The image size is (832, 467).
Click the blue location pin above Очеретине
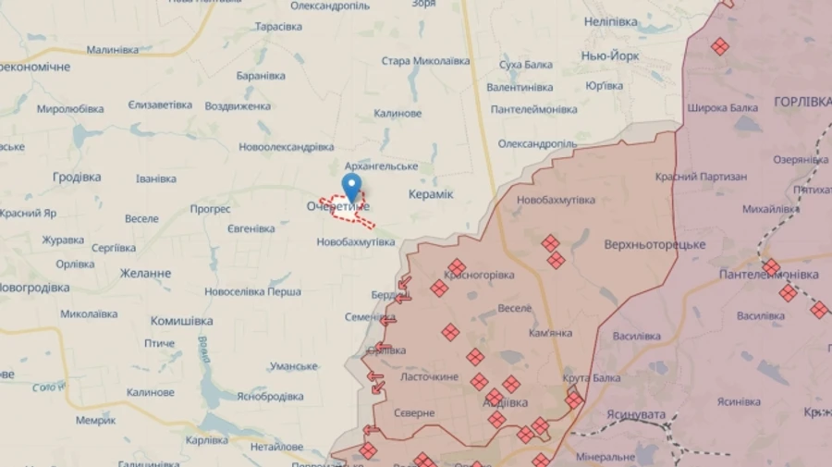(x=351, y=186)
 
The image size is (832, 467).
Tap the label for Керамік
(x=430, y=194)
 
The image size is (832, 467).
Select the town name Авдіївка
(x=506, y=403)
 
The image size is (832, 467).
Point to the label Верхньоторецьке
(x=655, y=244)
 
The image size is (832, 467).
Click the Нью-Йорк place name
(x=609, y=55)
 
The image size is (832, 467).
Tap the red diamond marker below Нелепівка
(x=719, y=45)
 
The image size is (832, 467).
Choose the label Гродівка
(x=77, y=177)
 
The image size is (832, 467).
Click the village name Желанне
(x=146, y=274)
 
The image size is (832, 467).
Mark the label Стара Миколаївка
(x=425, y=61)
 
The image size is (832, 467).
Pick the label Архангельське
(x=380, y=166)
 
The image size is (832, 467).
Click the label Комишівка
(x=181, y=320)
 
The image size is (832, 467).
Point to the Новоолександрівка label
(x=286, y=147)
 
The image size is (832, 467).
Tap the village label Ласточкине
(x=430, y=377)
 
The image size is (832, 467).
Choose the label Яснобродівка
(x=270, y=396)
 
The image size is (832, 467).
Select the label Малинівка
(x=112, y=49)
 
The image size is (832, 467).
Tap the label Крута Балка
(x=593, y=377)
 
